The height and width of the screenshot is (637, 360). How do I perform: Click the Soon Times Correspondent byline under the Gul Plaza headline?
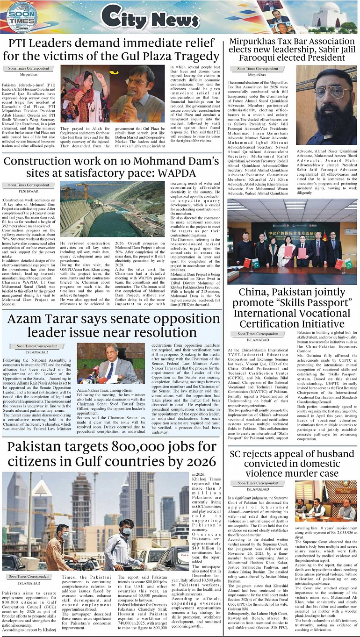(29, 69)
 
